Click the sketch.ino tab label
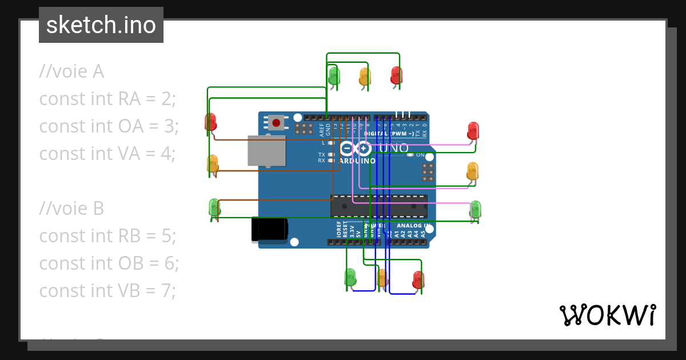click(x=101, y=25)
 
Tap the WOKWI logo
click(x=607, y=315)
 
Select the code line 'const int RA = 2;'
click(x=107, y=99)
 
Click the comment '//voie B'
click(x=71, y=209)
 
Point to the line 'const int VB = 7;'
click(x=107, y=291)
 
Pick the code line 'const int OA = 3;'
click(x=109, y=126)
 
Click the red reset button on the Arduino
click(x=277, y=122)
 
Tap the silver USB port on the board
click(x=266, y=150)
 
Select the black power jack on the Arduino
click(x=269, y=230)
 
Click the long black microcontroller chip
click(x=379, y=206)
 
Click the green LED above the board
click(x=334, y=75)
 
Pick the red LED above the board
click(x=396, y=75)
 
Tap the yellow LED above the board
click(x=365, y=76)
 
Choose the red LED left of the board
click(x=210, y=122)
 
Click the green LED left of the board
click(x=214, y=207)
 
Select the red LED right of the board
click(x=473, y=130)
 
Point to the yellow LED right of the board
click(x=472, y=170)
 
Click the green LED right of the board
click(x=475, y=209)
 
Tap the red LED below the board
click(x=418, y=279)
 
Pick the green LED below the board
click(x=350, y=277)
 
